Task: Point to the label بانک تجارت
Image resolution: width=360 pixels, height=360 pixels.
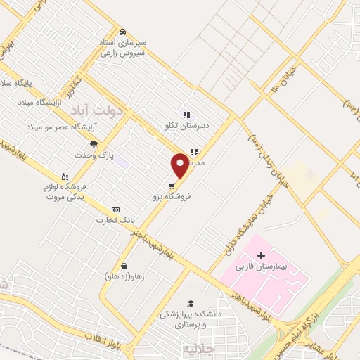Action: pyautogui.click(x=116, y=221)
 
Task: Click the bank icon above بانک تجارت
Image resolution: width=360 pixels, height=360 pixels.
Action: pyautogui.click(x=116, y=210)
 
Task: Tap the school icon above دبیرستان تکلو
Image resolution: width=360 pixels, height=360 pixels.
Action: pyautogui.click(x=186, y=114)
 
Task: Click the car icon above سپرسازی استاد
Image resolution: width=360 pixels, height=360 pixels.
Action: pyautogui.click(x=122, y=32)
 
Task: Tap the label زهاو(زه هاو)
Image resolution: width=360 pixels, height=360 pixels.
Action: pyautogui.click(x=124, y=276)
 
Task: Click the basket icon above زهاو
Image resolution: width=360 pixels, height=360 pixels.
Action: pyautogui.click(x=124, y=266)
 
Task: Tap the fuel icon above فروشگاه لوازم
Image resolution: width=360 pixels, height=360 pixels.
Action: pyautogui.click(x=65, y=176)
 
